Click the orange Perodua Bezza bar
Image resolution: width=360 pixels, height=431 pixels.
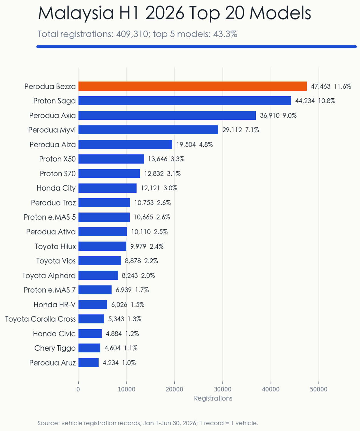click(x=192, y=86)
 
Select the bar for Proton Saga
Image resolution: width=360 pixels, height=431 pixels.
click(x=185, y=101)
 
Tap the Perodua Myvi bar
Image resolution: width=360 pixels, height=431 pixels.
click(x=148, y=130)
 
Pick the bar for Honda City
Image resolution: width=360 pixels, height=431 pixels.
click(x=107, y=188)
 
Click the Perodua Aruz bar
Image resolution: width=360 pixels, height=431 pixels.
click(x=89, y=363)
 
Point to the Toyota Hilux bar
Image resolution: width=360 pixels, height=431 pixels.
click(x=102, y=246)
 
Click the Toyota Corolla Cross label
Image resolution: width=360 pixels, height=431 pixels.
click(x=41, y=319)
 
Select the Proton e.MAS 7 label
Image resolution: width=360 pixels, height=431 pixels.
click(x=50, y=290)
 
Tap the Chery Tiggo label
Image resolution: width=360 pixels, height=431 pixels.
click(x=55, y=348)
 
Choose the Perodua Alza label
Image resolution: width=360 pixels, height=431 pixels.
click(x=53, y=145)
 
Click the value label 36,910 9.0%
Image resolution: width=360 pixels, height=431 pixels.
click(x=278, y=115)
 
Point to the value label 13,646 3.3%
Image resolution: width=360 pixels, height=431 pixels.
click(x=166, y=159)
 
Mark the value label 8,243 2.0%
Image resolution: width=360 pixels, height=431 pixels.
click(x=138, y=276)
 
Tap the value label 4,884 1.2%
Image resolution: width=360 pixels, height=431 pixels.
click(x=122, y=334)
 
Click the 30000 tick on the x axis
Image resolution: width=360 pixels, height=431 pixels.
click(x=223, y=389)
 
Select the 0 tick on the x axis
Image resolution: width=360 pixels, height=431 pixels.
click(x=78, y=389)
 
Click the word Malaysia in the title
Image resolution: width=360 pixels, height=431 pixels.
click(x=76, y=13)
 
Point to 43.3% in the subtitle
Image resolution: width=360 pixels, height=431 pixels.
click(x=225, y=34)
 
